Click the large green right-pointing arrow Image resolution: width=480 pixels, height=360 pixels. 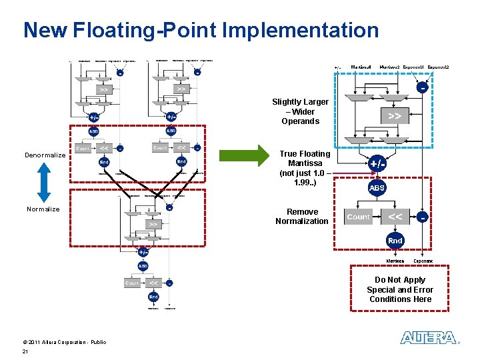click(x=244, y=157)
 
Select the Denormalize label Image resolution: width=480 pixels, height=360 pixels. click(x=45, y=155)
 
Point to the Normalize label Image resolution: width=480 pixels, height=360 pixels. click(x=43, y=209)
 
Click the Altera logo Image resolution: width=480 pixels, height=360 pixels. click(x=429, y=338)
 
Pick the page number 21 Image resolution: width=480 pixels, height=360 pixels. click(x=25, y=351)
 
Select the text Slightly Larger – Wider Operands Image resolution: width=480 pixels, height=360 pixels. click(x=300, y=111)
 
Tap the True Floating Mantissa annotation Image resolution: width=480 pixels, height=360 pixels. click(x=305, y=168)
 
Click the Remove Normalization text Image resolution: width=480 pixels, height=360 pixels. click(x=302, y=216)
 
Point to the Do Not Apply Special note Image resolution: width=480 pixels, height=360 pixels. click(x=400, y=289)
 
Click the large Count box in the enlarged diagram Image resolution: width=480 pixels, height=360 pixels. click(x=358, y=217)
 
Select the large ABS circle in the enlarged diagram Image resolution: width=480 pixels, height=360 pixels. click(x=377, y=188)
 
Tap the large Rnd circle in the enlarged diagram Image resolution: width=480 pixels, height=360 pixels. click(x=395, y=240)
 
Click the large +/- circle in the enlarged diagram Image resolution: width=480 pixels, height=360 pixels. click(x=377, y=163)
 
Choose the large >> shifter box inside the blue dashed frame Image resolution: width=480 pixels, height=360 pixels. click(x=395, y=115)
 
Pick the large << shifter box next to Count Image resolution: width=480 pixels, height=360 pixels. click(x=395, y=217)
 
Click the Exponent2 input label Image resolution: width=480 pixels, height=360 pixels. click(x=438, y=67)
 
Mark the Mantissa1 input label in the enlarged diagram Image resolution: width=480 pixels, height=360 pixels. click(x=361, y=67)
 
